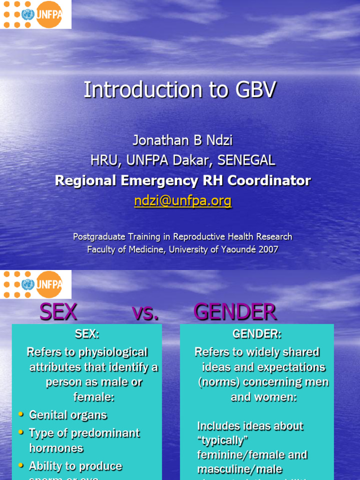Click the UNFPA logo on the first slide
[x=36, y=15]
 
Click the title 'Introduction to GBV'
[x=180, y=90]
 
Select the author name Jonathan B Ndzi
[x=183, y=141]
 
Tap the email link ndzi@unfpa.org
[x=183, y=201]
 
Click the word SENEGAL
[x=247, y=161]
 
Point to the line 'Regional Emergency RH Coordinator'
[x=183, y=180]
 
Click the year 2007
[x=269, y=249]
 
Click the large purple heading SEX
[x=58, y=312]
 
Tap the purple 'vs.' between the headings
[x=145, y=313]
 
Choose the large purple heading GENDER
[x=235, y=312]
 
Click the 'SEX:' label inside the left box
[x=87, y=334]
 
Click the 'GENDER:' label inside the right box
[x=257, y=334]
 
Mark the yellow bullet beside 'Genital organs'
[x=21, y=415]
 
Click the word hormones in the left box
[x=56, y=448]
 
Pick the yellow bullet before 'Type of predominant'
[x=21, y=433]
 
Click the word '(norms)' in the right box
[x=218, y=382]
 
